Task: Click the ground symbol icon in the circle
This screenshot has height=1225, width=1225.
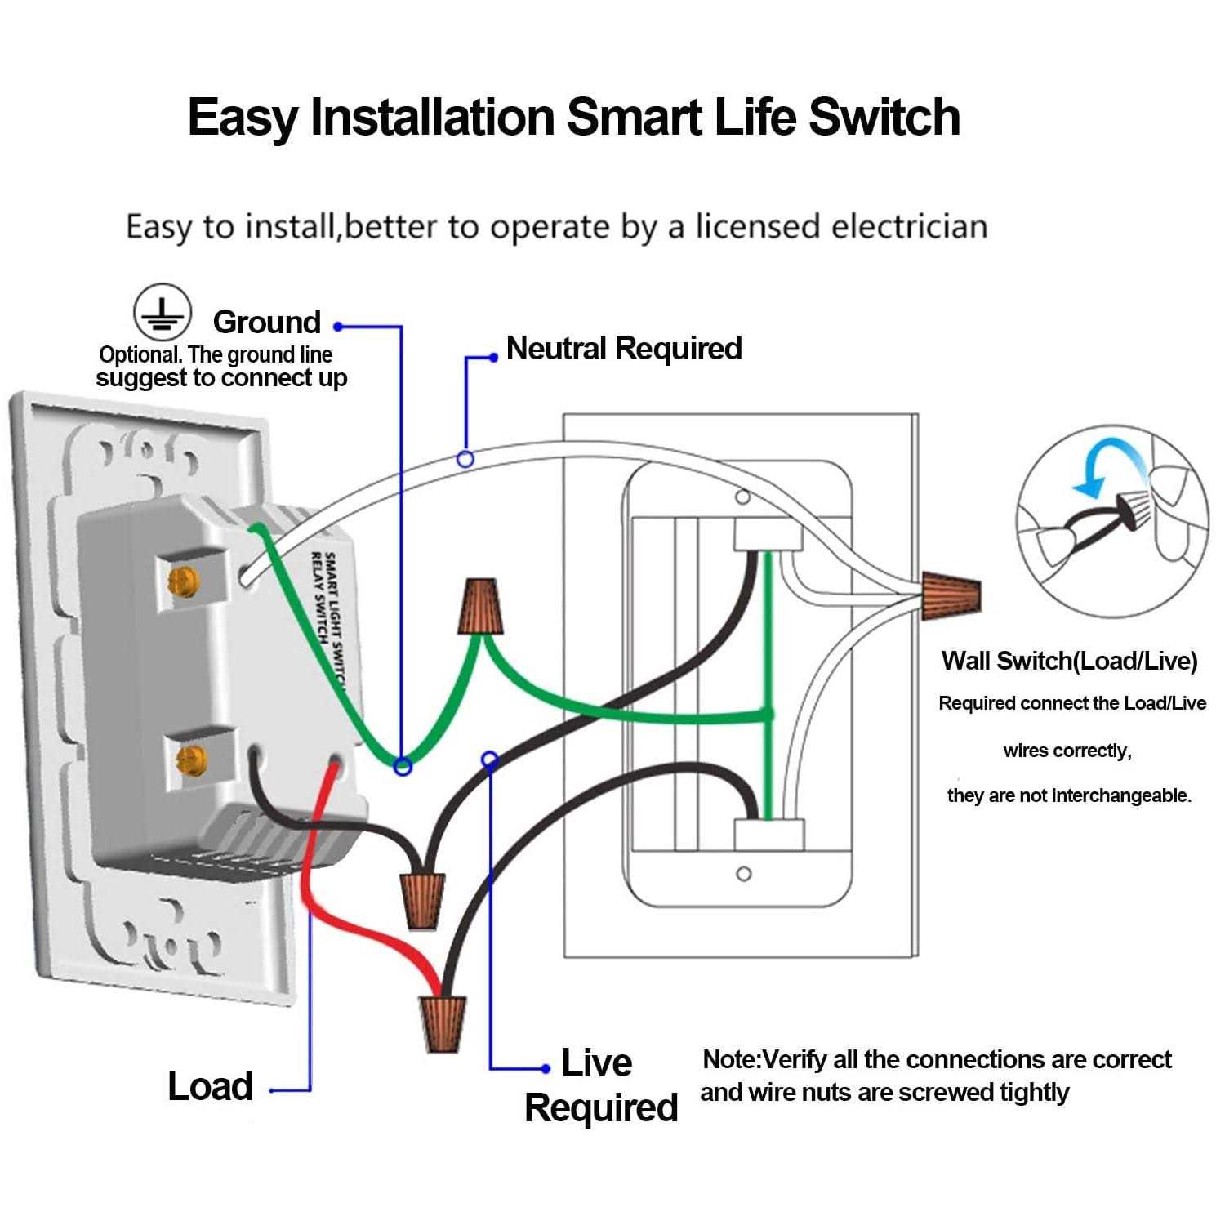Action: [x=163, y=313]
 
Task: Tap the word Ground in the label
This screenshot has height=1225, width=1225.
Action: [x=266, y=322]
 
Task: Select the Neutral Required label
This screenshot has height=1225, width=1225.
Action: [x=624, y=348]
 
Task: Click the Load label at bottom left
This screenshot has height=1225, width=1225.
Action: [x=210, y=1086]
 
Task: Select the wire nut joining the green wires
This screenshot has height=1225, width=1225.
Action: [x=480, y=607]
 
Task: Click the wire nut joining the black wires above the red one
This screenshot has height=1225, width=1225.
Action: [x=423, y=900]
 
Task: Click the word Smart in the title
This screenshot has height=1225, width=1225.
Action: [x=634, y=117]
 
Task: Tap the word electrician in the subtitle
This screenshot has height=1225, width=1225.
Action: [x=909, y=226]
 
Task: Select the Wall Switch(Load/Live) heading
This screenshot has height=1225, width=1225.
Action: [x=1069, y=661]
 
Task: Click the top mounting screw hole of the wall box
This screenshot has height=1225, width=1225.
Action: [x=742, y=497]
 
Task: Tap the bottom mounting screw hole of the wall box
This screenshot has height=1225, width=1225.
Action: [x=743, y=874]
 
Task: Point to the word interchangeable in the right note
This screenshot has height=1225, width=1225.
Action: [x=1115, y=795]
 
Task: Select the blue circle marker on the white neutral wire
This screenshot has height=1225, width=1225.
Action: [x=465, y=459]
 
